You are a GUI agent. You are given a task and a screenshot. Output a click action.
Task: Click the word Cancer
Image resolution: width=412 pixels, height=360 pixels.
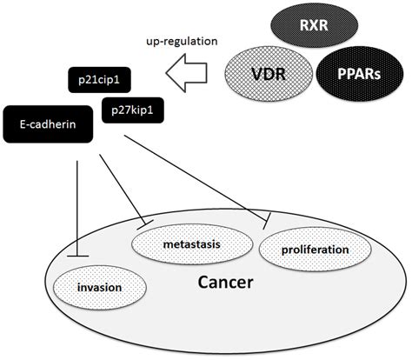coord(226,283)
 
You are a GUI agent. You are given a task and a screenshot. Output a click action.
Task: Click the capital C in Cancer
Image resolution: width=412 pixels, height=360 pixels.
coord(205,283)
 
